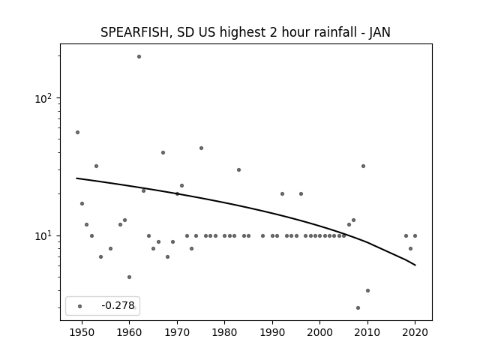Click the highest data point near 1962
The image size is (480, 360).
click(139, 57)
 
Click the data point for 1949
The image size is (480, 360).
click(77, 132)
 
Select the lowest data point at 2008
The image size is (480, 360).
click(358, 307)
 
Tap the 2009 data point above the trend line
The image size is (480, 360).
click(363, 166)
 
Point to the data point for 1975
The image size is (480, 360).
click(201, 148)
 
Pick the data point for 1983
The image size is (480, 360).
click(238, 169)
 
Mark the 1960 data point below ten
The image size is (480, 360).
click(129, 277)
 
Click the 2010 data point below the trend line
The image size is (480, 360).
click(367, 290)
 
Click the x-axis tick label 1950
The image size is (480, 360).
click(82, 332)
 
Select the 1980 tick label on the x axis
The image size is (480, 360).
click(225, 332)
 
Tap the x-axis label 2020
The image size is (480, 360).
click(415, 332)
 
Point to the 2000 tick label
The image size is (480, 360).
click(320, 332)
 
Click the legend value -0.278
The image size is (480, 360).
click(118, 305)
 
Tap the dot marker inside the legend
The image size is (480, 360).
click(79, 306)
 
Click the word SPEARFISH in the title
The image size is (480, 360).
click(135, 32)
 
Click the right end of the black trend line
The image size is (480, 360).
click(415, 265)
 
